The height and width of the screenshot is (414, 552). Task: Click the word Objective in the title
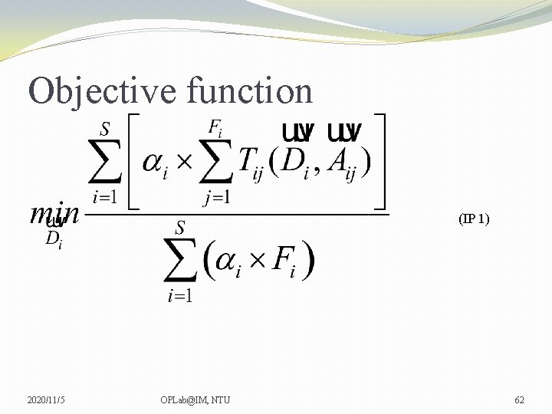coord(103,90)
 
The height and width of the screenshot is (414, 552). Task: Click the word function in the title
coord(249,90)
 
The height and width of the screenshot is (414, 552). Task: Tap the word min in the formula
coord(54,213)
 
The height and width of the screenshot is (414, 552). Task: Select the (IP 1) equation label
coord(473,219)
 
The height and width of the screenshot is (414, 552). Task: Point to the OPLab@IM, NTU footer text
coord(195,399)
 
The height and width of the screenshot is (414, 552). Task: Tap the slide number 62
coord(519,399)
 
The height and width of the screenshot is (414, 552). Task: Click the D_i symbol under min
coord(54,239)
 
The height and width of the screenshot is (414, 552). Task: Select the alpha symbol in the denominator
coord(227,263)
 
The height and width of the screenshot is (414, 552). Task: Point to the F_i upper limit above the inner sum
coord(218,127)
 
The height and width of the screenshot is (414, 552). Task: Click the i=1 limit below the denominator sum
coord(181,296)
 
